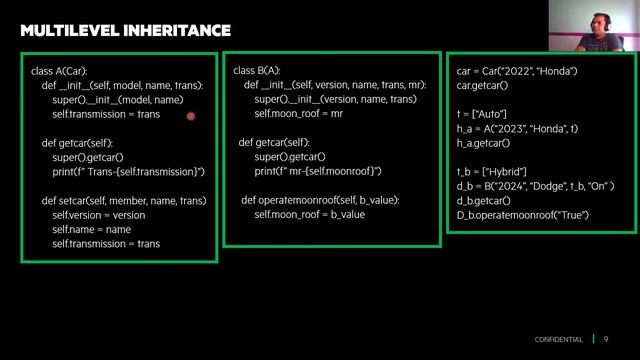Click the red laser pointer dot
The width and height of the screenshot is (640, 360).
pos(190,116)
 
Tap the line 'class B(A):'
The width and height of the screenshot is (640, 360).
pos(257,71)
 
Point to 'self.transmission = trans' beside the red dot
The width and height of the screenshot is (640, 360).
pos(106,115)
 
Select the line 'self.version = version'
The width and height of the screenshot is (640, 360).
pos(99,215)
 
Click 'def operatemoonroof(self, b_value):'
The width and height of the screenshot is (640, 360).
pos(320,200)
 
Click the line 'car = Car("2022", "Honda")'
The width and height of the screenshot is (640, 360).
pos(517,71)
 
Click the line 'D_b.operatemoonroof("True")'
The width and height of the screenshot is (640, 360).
pos(522,215)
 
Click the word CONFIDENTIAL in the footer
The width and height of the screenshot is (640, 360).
pos(558,340)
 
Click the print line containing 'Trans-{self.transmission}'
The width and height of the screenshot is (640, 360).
pos(128,172)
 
